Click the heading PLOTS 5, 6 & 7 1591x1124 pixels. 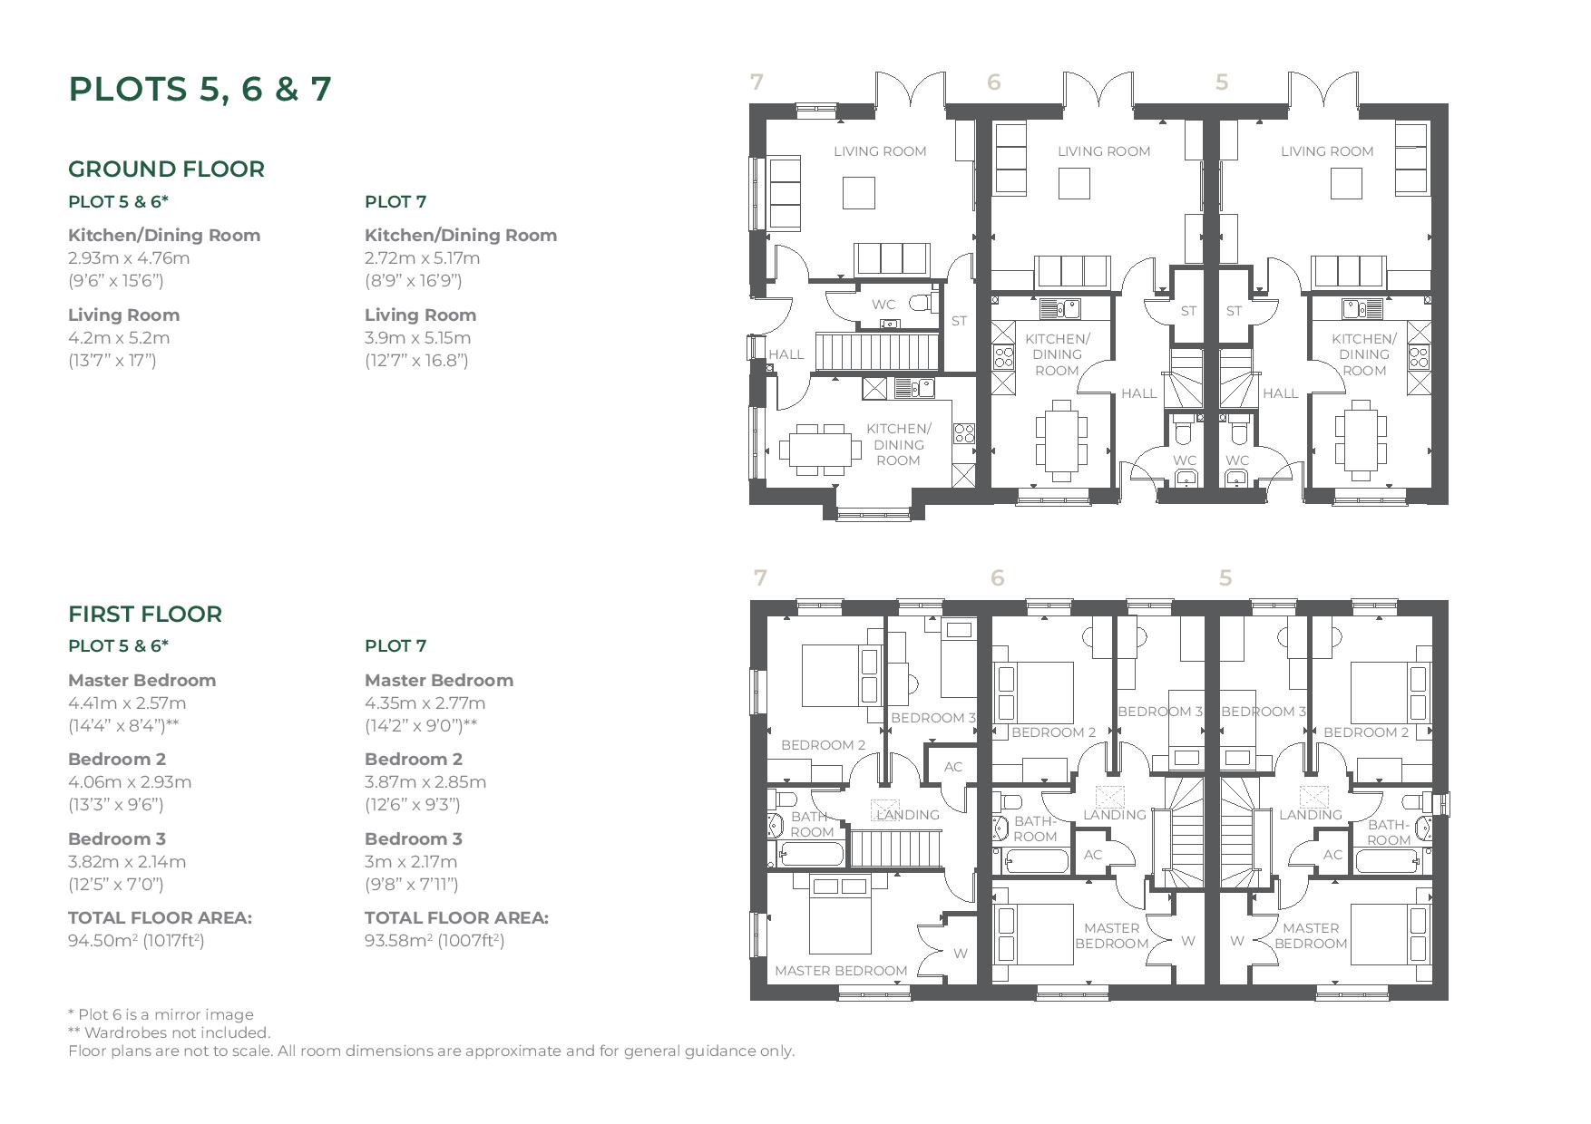200,89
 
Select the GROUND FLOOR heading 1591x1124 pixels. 166,170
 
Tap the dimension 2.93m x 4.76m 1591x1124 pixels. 129,257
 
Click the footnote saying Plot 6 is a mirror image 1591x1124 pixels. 161,1014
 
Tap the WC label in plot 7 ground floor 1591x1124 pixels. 883,305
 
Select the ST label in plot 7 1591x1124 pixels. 959,320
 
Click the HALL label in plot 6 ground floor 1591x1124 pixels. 1138,393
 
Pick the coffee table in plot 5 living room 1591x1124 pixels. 1345,183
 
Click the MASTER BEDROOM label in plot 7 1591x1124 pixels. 841,971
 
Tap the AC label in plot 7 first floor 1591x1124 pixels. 952,767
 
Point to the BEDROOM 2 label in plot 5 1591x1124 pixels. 1365,732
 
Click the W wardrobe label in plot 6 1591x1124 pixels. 1188,941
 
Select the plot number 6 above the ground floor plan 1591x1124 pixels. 994,82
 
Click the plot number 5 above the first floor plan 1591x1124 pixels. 1225,577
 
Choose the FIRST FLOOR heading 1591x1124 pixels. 145,614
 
